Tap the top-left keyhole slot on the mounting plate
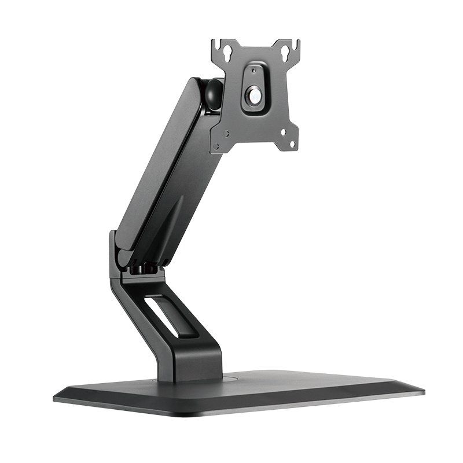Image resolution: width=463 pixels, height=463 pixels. [x=227, y=53]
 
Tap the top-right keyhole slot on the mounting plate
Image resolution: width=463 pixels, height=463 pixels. [x=285, y=53]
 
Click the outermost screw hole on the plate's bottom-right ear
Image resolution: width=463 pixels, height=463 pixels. [x=292, y=144]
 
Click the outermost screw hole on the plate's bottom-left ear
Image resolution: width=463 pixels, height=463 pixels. [x=216, y=146]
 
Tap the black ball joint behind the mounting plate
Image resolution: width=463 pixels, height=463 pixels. [x=214, y=94]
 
